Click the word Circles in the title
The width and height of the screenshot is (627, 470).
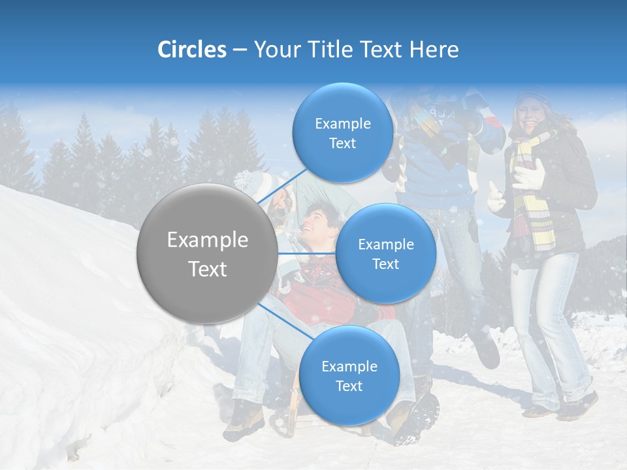[x=192, y=50]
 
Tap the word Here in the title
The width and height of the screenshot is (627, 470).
[x=434, y=50]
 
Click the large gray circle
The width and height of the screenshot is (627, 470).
[x=206, y=253]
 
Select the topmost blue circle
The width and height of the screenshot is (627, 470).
[x=342, y=133]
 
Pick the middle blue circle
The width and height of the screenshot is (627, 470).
[x=386, y=254]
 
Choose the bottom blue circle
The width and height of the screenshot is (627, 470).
[x=349, y=376]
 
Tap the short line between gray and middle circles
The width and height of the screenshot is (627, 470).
[x=307, y=253]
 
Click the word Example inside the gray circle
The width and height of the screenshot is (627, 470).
[x=208, y=240]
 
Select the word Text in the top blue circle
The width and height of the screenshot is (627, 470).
[x=342, y=144]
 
